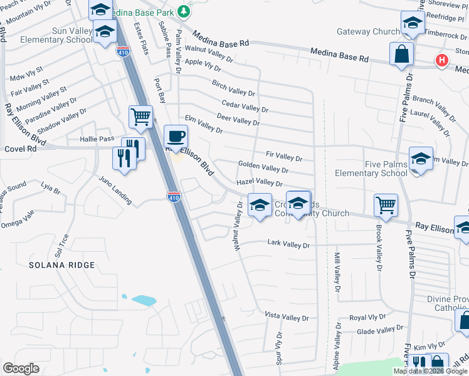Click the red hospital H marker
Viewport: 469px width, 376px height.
[x=442, y=61]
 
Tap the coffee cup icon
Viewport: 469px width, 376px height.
[x=176, y=135]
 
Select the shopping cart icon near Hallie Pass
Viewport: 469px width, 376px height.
[x=140, y=116]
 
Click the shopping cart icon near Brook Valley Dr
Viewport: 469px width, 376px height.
[x=386, y=204]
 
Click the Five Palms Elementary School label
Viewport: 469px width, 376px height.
[x=371, y=169]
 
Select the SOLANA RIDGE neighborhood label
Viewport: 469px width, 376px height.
[x=61, y=265]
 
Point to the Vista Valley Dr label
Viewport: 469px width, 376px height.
[x=287, y=317]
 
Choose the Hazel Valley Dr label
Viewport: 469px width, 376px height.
[x=260, y=182]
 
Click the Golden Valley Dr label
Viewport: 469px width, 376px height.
[x=263, y=167]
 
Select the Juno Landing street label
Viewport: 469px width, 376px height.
[x=115, y=190]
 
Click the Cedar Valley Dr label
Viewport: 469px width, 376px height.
[x=245, y=107]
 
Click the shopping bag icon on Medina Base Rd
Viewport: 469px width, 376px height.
[x=401, y=53]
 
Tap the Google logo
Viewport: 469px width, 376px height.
[x=21, y=368]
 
